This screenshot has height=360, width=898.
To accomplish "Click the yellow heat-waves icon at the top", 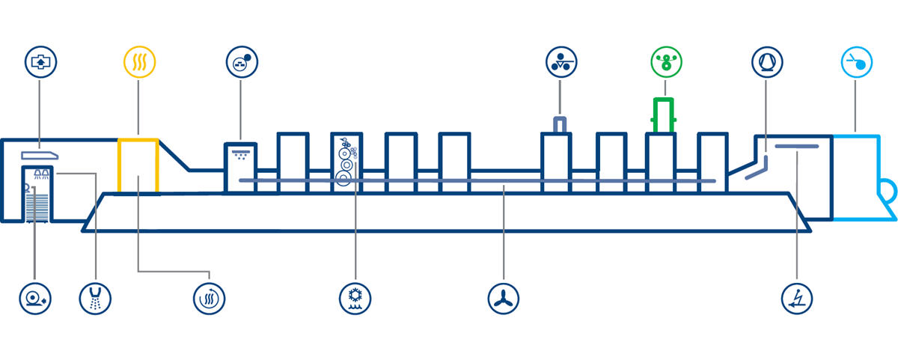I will (x=139, y=61).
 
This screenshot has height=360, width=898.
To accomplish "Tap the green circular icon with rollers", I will (x=665, y=61).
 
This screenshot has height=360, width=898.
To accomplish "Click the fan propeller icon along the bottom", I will (x=503, y=297).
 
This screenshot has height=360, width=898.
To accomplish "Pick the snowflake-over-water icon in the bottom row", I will (x=355, y=297).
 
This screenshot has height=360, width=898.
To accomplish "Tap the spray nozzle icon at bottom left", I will (x=96, y=297).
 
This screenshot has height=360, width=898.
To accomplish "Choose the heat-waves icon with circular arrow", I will (x=209, y=297).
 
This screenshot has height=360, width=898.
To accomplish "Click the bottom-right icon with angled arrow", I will (x=796, y=297).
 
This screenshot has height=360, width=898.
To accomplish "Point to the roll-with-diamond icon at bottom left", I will (x=35, y=297).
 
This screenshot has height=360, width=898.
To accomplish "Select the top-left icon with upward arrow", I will (x=40, y=61).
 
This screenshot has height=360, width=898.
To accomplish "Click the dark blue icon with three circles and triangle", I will (x=561, y=61).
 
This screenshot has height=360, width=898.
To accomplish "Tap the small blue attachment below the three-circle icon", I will (x=560, y=124).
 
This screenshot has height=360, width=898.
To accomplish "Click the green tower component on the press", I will (x=664, y=115).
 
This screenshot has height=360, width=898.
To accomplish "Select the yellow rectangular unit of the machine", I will (x=138, y=165).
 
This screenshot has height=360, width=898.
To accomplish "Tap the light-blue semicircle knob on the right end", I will (x=888, y=190).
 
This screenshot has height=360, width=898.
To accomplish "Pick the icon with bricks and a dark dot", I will (x=241, y=61).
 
